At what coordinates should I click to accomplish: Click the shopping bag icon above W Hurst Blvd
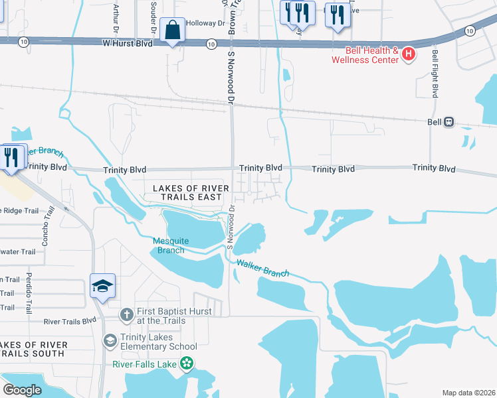pyautogui.click(x=173, y=30)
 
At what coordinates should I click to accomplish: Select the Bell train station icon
pyautogui.click(x=449, y=122)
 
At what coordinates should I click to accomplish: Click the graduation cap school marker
pyautogui.click(x=103, y=285)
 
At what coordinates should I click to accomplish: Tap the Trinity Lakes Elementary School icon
pyautogui.click(x=110, y=340)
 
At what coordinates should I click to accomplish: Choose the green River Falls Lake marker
pyautogui.click(x=187, y=363)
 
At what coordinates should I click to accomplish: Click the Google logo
pyautogui.click(x=22, y=389)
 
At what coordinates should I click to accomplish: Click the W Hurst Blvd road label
pyautogui.click(x=127, y=43)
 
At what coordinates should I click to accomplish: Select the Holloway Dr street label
pyautogui.click(x=205, y=23)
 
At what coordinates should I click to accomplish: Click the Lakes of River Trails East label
pyautogui.click(x=191, y=193)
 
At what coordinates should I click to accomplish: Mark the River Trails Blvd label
pyautogui.click(x=70, y=322)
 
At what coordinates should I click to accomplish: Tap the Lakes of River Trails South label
pyautogui.click(x=33, y=349)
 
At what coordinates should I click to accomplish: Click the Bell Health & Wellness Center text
pyautogui.click(x=371, y=55)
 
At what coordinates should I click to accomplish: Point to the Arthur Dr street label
pyautogui.click(x=116, y=18)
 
